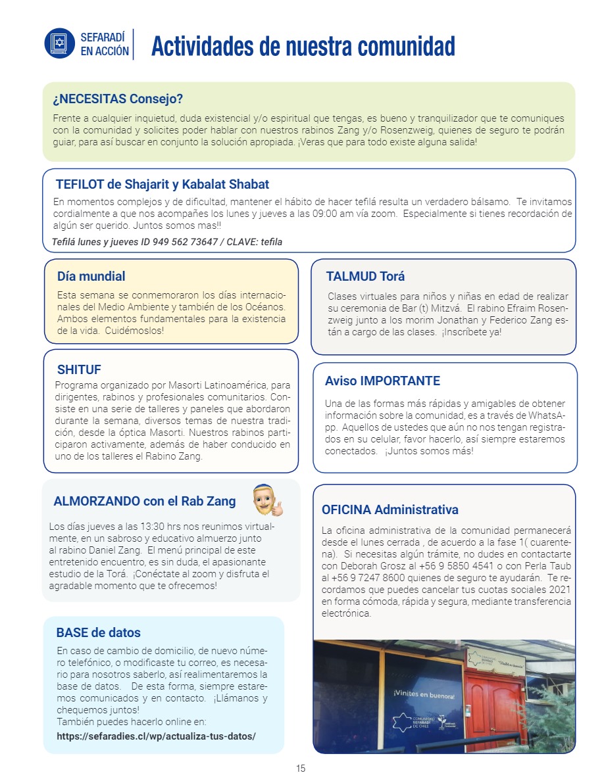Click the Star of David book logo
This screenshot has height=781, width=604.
[x=60, y=43]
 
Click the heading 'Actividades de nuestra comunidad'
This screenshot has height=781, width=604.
[x=303, y=46]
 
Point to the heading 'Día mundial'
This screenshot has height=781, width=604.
[x=91, y=276]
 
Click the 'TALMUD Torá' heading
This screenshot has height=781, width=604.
[x=365, y=276]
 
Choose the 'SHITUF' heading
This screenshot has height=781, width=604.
[x=79, y=369]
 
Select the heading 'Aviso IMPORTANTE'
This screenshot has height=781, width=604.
[x=382, y=381]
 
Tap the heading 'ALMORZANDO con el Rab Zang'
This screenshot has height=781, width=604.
[x=144, y=501]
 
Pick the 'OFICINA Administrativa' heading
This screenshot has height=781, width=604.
[x=390, y=509]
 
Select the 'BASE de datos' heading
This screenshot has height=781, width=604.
[x=98, y=632]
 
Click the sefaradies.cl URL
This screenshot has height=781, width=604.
[x=156, y=736]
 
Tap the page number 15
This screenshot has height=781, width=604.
[x=301, y=769]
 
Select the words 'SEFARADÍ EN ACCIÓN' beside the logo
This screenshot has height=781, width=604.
[x=105, y=44]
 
